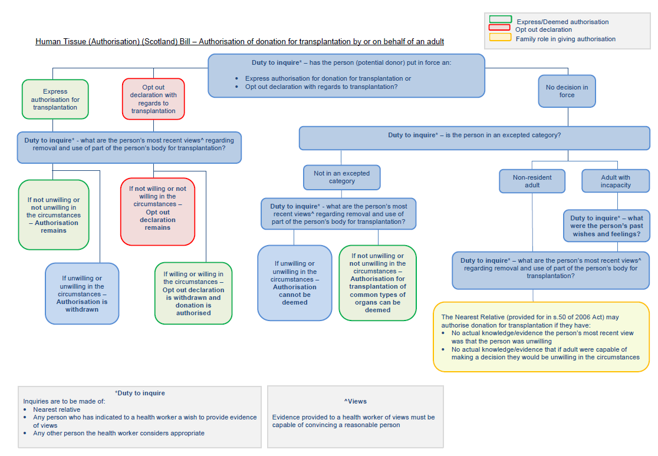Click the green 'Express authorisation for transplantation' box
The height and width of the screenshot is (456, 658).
(55, 100)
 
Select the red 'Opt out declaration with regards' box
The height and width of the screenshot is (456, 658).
(153, 99)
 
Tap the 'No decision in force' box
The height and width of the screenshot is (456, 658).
(567, 91)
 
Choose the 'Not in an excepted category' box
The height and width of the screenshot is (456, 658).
(342, 177)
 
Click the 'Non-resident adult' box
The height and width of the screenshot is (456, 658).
(532, 181)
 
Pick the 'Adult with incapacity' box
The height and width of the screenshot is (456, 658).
(616, 181)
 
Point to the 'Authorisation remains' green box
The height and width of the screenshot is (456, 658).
(54, 215)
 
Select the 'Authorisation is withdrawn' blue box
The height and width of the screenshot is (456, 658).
(82, 293)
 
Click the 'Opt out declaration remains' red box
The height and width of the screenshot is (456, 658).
(157, 212)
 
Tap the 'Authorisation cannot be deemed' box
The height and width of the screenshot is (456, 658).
(295, 283)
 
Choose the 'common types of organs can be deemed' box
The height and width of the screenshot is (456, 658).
(377, 283)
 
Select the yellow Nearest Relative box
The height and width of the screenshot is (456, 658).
(541, 337)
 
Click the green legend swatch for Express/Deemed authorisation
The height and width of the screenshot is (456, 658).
(500, 20)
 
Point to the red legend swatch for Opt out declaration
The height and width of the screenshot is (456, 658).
(500, 28)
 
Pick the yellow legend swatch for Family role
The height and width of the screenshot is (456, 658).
(500, 38)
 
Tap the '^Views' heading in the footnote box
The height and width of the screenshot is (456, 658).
(356, 401)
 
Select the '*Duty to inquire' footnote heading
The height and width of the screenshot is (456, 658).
(140, 393)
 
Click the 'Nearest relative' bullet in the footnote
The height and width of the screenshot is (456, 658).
(57, 409)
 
